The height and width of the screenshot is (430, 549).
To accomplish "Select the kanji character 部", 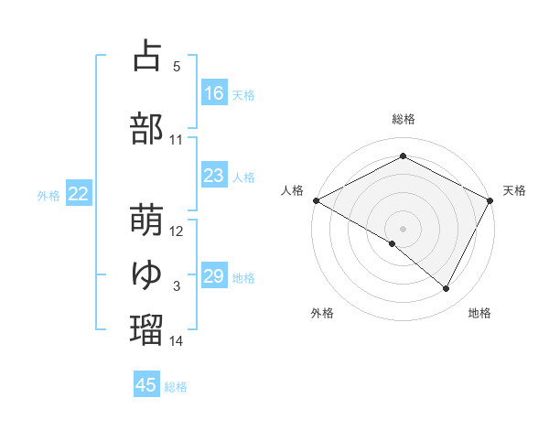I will click(146, 128).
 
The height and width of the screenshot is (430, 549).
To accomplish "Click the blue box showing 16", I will click(214, 93).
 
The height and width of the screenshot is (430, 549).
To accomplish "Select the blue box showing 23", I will click(214, 176).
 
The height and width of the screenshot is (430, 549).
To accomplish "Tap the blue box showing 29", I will click(214, 276).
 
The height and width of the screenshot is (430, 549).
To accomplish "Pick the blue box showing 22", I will click(79, 194).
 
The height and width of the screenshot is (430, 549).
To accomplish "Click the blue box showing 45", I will click(146, 385).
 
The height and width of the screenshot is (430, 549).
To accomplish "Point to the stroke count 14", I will click(177, 341).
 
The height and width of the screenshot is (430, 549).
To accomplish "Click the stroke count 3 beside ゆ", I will click(177, 286).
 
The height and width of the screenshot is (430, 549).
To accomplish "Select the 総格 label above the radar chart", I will click(403, 119).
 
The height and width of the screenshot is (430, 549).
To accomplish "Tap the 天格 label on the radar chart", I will click(514, 190).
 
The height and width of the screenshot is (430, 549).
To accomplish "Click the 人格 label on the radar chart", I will click(292, 190).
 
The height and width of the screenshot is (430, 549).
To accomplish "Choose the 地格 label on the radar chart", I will click(479, 313).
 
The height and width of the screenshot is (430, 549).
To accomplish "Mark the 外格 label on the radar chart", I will click(322, 313).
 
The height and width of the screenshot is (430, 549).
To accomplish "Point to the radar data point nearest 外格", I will click(393, 243).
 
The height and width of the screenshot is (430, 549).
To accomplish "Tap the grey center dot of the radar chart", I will click(403, 228).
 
